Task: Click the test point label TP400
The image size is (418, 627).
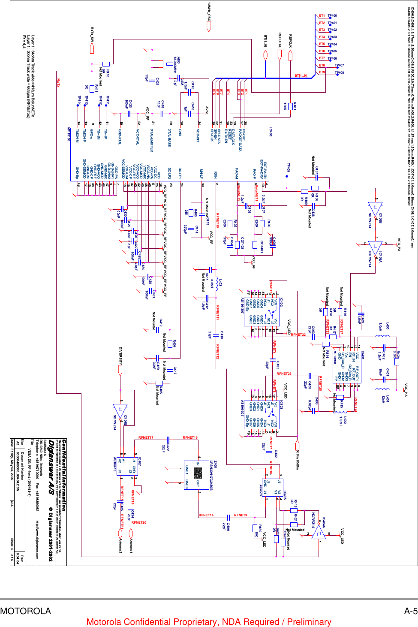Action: (x=332, y=16)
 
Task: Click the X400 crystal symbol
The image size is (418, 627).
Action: (x=169, y=65)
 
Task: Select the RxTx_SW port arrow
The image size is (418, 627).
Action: (x=92, y=48)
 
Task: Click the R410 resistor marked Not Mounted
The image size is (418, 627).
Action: (x=105, y=64)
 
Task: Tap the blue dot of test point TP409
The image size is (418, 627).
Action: (x=288, y=175)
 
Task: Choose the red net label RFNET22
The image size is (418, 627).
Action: (x=298, y=335)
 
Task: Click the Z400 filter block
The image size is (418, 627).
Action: (x=198, y=473)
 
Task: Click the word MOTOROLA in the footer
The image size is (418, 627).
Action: (x=26, y=611)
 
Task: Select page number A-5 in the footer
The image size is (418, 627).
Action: (x=410, y=611)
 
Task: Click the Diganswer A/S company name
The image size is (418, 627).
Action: (x=51, y=463)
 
